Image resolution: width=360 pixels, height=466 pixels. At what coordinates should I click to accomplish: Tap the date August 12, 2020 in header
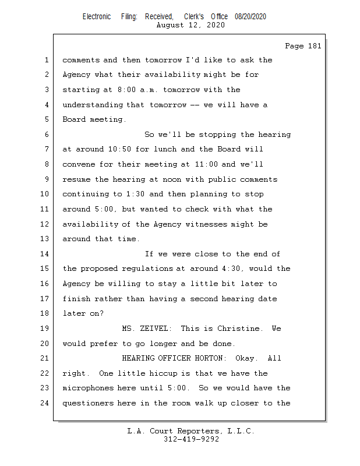tap(191, 25)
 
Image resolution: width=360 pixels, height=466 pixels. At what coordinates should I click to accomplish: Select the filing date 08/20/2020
tap(250, 17)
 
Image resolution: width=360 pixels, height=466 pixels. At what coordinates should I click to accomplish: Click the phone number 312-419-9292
tap(191, 439)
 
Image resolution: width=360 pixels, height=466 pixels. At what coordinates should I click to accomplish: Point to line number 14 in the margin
tap(45, 254)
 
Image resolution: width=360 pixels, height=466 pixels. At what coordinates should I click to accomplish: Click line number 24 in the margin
tap(45, 403)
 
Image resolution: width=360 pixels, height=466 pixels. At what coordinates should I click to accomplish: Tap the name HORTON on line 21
tap(213, 358)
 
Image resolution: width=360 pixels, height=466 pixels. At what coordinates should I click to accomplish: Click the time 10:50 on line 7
tap(119, 150)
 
